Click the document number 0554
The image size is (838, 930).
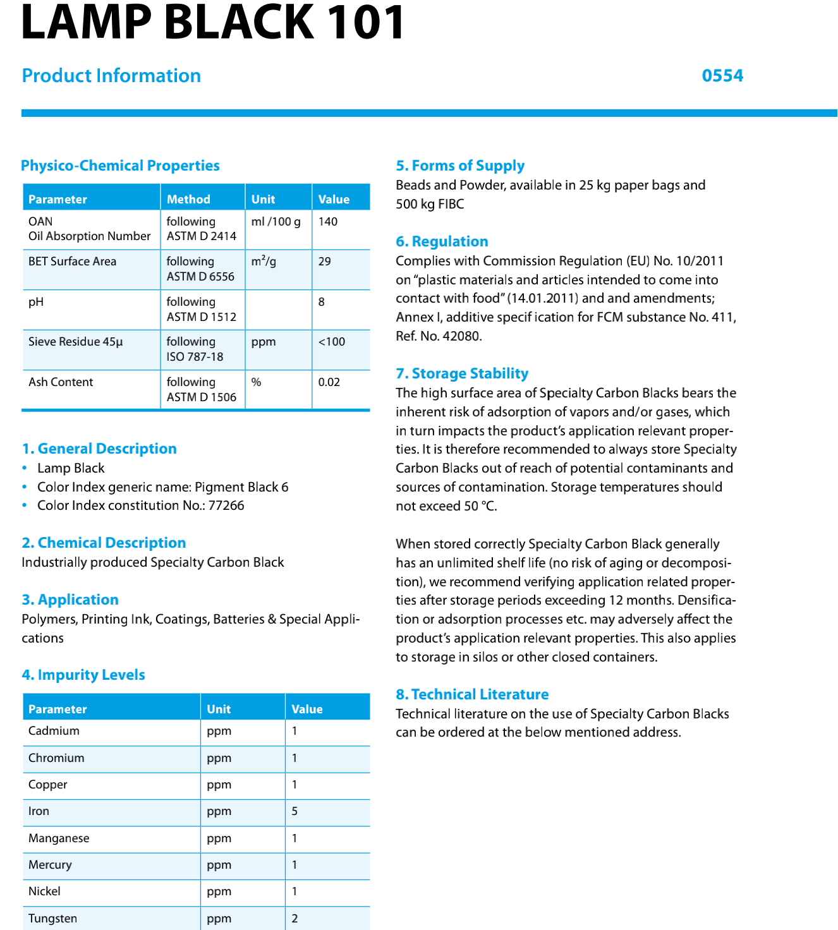(x=722, y=76)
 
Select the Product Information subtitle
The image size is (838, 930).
(x=111, y=76)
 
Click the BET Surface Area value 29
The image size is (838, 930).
(x=325, y=262)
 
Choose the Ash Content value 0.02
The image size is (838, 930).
(x=329, y=382)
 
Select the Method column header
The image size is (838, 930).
(x=188, y=199)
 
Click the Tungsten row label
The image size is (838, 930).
(x=53, y=919)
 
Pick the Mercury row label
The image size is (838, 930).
(x=50, y=865)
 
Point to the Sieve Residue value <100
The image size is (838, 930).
(x=332, y=342)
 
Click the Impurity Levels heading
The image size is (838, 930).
(x=83, y=675)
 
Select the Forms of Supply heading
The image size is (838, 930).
(x=460, y=166)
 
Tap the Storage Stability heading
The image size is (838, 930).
(x=462, y=373)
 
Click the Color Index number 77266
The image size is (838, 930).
(x=226, y=505)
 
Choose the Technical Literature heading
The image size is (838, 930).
(x=472, y=694)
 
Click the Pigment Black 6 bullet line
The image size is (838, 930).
(x=162, y=487)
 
